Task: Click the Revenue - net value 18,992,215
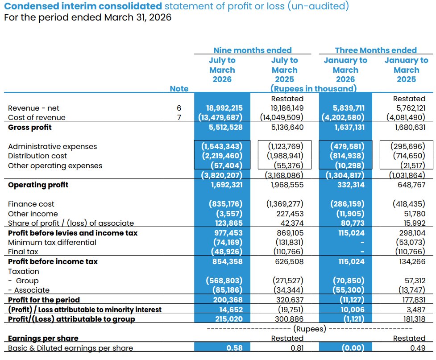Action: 224,108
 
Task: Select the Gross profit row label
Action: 30,127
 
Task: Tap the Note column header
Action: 179,89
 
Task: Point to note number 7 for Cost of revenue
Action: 179,118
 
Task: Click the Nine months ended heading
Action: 253,50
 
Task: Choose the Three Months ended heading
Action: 376,50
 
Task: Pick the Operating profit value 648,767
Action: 411,185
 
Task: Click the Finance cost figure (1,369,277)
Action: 285,204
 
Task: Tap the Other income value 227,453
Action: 290,214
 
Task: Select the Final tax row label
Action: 23,252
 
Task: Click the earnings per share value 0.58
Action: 234,348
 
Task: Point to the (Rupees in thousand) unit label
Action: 313,89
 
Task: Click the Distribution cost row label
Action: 37,156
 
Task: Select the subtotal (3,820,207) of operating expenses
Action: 222,175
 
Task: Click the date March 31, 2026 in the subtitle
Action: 137,17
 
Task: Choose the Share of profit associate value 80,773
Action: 353,223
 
